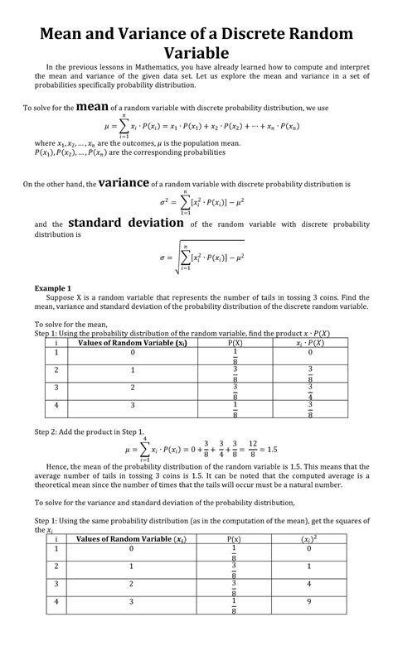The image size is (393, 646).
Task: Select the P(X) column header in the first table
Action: (x=235, y=342)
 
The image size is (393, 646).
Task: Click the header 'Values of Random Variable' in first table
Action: (x=133, y=342)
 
